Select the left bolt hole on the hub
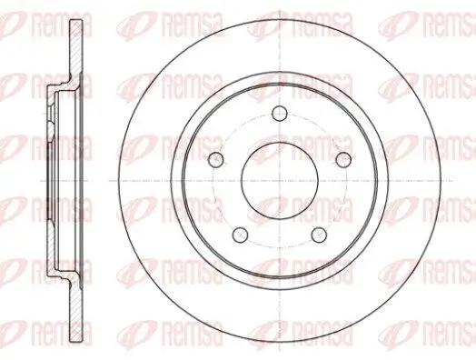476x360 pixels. pos(216,159)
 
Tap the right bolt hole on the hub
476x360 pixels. pos(342,159)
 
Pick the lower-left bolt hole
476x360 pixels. pos(240,234)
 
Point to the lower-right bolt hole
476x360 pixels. pos(318,234)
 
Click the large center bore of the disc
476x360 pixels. pos(279,180)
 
